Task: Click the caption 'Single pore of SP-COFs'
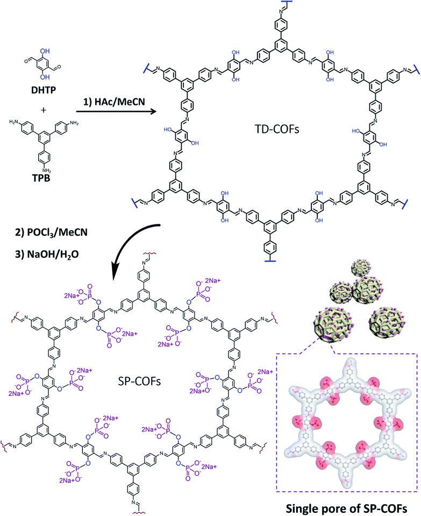click(x=348, y=505)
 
